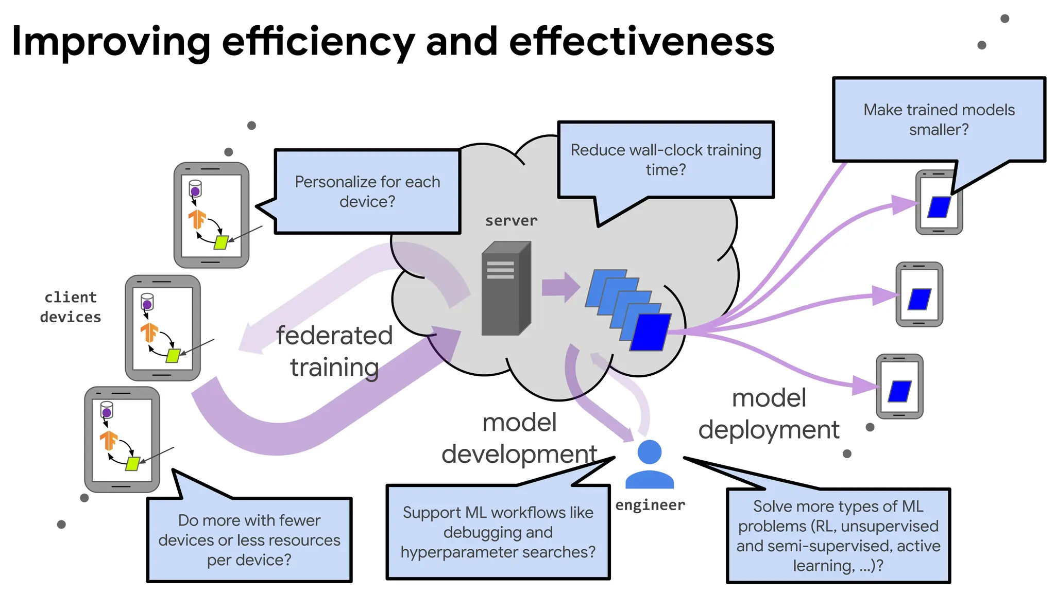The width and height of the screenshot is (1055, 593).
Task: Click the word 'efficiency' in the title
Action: pos(318,42)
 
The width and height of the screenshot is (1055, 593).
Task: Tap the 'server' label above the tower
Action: pos(511,221)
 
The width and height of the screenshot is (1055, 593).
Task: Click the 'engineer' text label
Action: pos(650,505)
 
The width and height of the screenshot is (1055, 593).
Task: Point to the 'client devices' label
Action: pos(71,307)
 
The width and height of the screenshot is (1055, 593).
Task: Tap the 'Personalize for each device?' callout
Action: pos(367,191)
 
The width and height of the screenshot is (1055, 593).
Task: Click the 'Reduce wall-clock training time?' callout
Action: pos(666,160)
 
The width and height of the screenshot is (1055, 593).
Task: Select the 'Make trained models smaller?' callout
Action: pos(939,119)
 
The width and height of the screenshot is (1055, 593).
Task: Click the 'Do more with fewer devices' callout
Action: pos(249,539)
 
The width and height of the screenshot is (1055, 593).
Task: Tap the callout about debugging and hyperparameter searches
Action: pos(498,532)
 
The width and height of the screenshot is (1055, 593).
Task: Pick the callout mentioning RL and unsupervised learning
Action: pos(838,535)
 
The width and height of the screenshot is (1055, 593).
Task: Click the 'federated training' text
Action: pos(334,352)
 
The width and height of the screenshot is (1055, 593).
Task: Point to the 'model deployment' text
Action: pos(769,414)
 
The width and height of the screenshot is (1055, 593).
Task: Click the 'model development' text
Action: pos(519,438)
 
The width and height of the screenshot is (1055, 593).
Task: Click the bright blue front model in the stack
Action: pos(651,332)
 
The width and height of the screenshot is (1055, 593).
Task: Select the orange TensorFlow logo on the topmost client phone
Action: pos(197,219)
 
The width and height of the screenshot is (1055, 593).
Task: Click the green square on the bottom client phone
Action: pos(133,463)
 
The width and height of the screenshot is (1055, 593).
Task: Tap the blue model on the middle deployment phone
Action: pos(920,299)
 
